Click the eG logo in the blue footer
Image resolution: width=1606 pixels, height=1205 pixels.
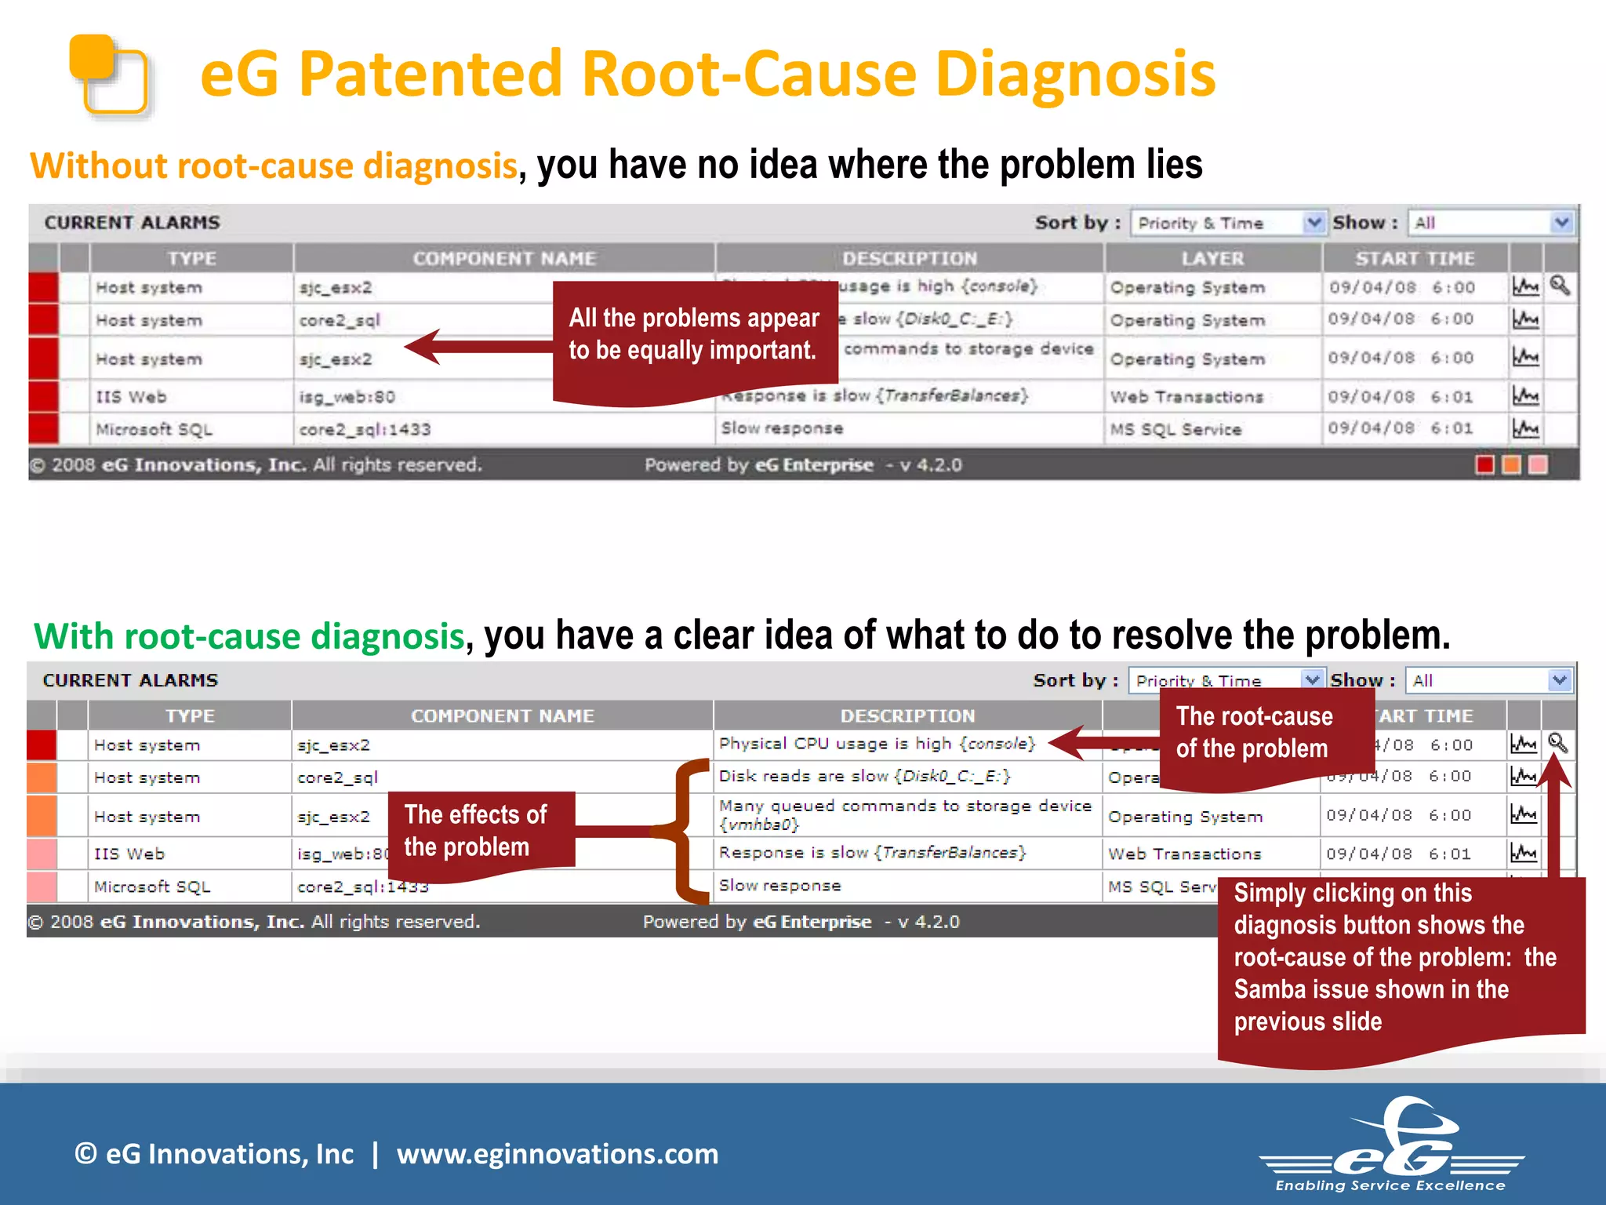(x=1392, y=1145)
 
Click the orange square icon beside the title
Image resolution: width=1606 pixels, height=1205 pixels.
(x=110, y=75)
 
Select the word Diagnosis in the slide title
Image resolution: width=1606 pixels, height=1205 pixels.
(x=1074, y=74)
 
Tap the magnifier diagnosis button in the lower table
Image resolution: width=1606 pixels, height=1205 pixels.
(x=1557, y=743)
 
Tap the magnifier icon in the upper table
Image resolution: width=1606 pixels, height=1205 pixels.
(x=1560, y=286)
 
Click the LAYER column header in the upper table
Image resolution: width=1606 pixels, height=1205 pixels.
(x=1212, y=258)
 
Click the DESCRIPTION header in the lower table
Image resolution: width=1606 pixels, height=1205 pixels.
(x=907, y=715)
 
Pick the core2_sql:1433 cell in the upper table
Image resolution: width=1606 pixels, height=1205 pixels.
(x=365, y=429)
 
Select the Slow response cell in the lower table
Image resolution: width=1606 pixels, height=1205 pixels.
(x=780, y=886)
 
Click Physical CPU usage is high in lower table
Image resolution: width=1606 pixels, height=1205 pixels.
(x=877, y=744)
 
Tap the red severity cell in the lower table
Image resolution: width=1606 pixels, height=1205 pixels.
(x=42, y=744)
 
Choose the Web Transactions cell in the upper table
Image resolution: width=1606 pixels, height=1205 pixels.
(x=1186, y=397)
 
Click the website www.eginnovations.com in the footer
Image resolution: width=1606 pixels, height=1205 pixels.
(x=557, y=1154)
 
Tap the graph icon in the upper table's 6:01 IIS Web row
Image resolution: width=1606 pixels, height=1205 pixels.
(x=1524, y=396)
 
